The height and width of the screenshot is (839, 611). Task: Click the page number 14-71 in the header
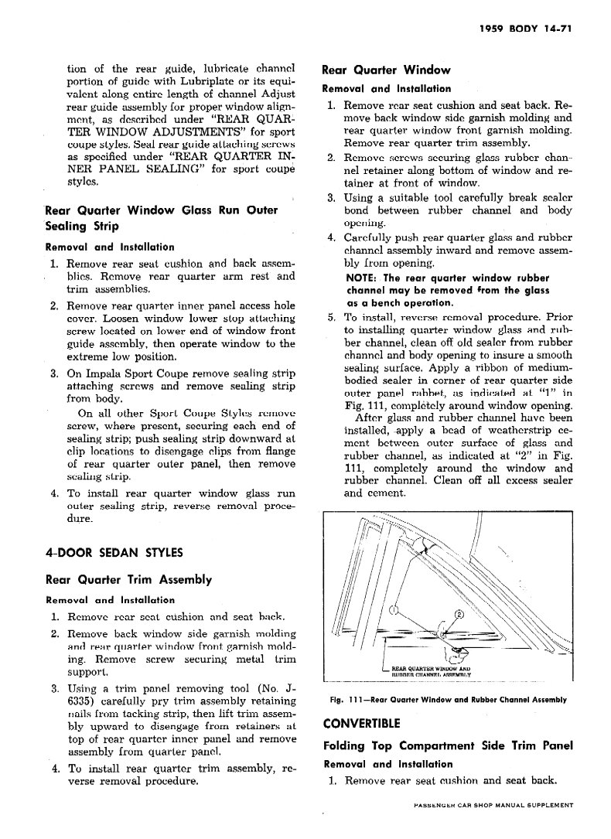coord(554,32)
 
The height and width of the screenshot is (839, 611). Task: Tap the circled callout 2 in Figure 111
coord(458,616)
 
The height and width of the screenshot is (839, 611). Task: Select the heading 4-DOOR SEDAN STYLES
coord(114,552)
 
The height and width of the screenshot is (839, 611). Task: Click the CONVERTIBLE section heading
coord(361,724)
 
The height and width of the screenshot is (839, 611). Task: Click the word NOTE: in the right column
coord(362,278)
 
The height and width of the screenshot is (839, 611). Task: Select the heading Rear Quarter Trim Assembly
coord(129,579)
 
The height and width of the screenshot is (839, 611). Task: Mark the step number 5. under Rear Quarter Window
coord(331,317)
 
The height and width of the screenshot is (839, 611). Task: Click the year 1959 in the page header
coord(493,32)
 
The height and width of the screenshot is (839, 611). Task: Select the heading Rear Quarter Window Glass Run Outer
coord(161,210)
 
